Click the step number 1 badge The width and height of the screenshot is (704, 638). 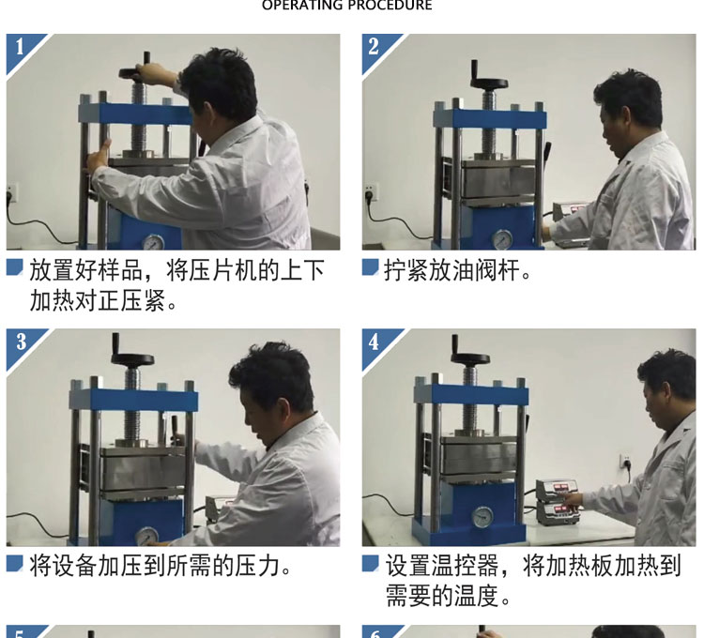coord(20,47)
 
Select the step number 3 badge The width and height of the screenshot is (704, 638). coord(21,342)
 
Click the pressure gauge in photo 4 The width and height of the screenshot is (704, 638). coord(482,516)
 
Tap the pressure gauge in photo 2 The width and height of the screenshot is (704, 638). coord(502,239)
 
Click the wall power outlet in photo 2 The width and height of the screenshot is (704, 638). coord(372,192)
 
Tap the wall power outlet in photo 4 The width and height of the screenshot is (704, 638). coord(625,462)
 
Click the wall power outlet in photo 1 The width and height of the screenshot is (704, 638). coord(11,192)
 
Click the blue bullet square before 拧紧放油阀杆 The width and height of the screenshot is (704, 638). coord(371,267)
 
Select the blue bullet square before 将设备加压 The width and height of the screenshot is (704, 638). coord(15,563)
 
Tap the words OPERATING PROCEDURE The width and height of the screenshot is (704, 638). coord(347,5)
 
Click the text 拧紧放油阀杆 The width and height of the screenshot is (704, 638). coord(457,270)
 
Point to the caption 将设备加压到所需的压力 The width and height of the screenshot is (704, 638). coord(161,566)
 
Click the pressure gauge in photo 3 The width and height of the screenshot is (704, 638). coord(146,537)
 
